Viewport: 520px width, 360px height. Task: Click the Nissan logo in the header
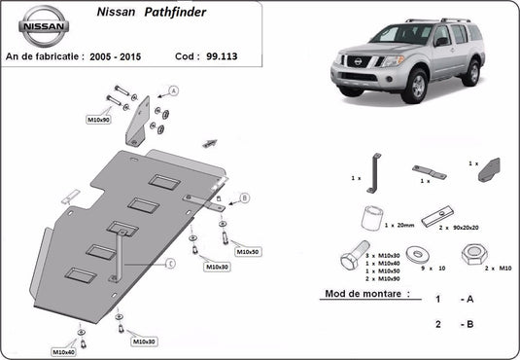(x=45, y=28)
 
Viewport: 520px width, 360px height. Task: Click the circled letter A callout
(x=173, y=90)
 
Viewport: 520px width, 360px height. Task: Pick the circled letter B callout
(x=244, y=198)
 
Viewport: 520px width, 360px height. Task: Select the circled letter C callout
(x=170, y=263)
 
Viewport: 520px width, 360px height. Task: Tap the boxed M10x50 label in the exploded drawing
(x=248, y=251)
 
